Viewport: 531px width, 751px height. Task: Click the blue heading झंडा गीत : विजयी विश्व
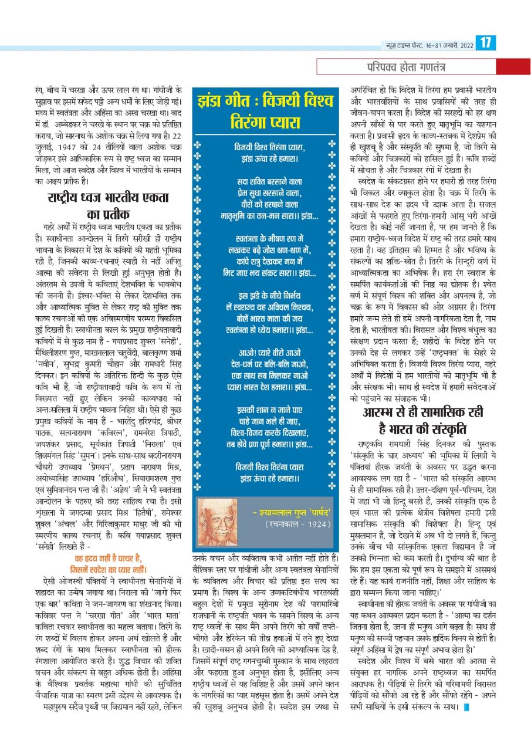coord(266,99)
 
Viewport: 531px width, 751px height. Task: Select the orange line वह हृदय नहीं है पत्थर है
coord(107,558)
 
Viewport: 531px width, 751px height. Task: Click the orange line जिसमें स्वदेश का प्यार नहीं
coord(107,569)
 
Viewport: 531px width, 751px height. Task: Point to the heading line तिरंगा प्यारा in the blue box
coord(266,123)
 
